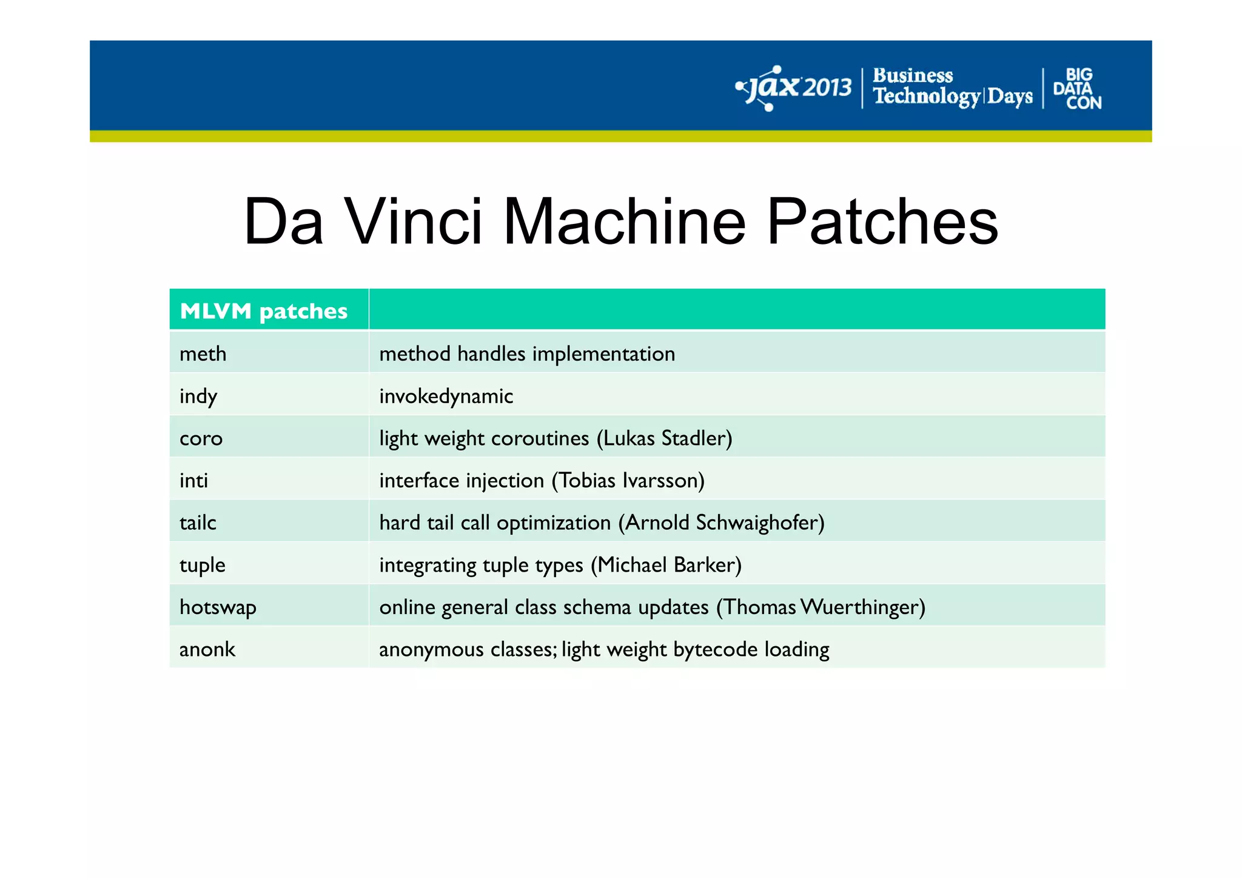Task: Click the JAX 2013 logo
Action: pyautogui.click(x=794, y=88)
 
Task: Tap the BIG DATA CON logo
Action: pyautogui.click(x=1077, y=89)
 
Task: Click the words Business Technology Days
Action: pyautogui.click(x=952, y=87)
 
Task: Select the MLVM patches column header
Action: pyautogui.click(x=264, y=311)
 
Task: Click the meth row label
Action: pyautogui.click(x=203, y=354)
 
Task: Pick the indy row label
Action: pyautogui.click(x=198, y=396)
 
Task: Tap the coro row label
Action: pyautogui.click(x=201, y=438)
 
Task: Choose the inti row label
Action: pyautogui.click(x=194, y=481)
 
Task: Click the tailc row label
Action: pyautogui.click(x=198, y=522)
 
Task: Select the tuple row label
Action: pyautogui.click(x=203, y=565)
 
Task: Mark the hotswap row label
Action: pyautogui.click(x=218, y=607)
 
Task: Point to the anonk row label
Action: pyautogui.click(x=207, y=649)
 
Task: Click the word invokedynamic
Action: pyautogui.click(x=446, y=396)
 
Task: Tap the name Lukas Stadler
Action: pyautogui.click(x=664, y=438)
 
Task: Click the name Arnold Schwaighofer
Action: pyautogui.click(x=722, y=522)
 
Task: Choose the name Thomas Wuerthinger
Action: pyautogui.click(x=821, y=607)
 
